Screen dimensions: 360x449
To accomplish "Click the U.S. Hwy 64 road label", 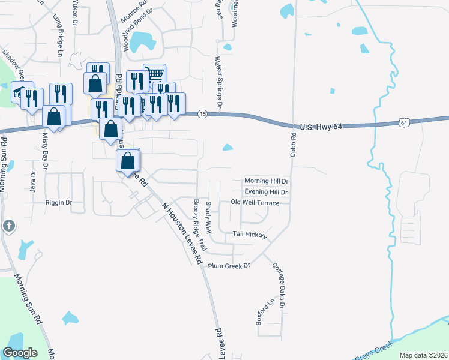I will tap(325, 127).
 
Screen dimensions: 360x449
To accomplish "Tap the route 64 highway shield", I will tap(403, 122).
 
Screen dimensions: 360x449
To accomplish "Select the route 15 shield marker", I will tap(203, 114).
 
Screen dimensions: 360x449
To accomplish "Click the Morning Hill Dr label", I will tap(267, 181).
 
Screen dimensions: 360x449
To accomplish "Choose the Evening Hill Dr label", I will tap(266, 192).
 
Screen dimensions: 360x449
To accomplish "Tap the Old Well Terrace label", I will tap(255, 203).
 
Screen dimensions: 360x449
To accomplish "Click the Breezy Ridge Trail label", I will tap(199, 226).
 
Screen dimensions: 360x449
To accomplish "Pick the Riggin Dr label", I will tap(59, 203).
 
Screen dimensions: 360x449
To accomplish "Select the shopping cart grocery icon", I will tap(155, 73).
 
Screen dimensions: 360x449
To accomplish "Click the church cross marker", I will tap(8, 226).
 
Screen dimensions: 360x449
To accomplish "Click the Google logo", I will tap(20, 353).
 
